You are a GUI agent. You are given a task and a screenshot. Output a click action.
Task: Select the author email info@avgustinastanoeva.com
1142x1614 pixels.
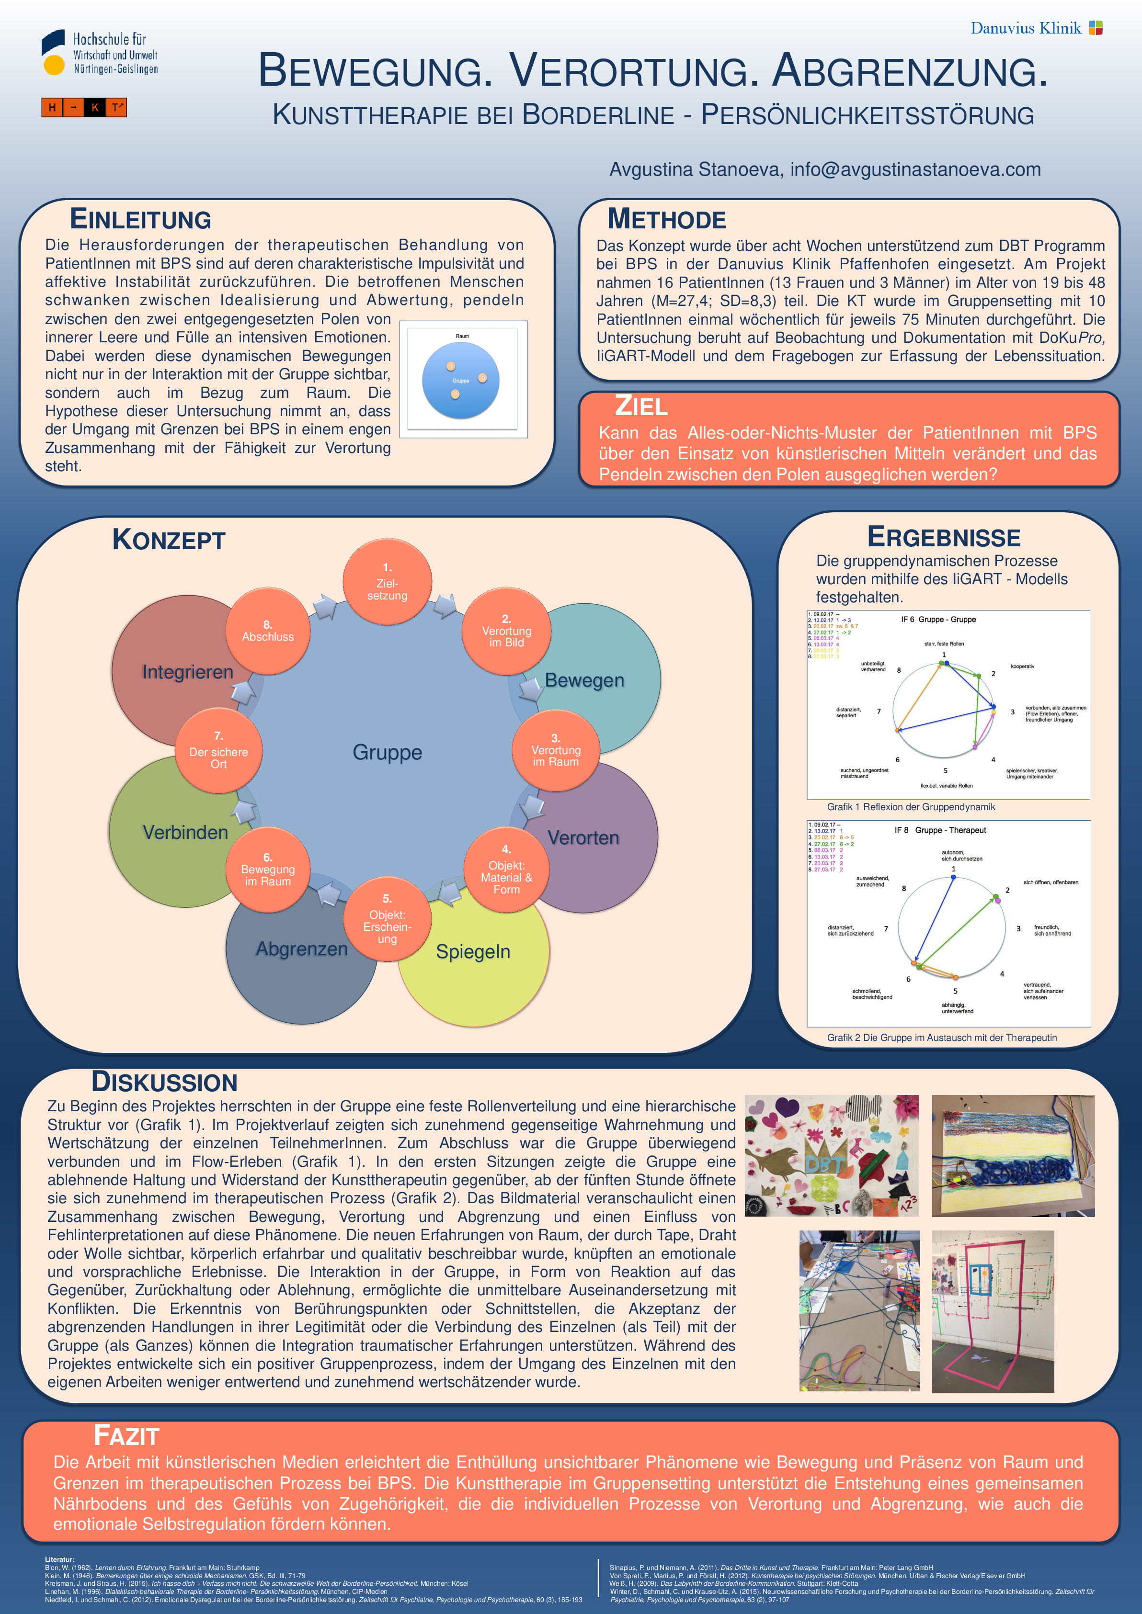pos(915,169)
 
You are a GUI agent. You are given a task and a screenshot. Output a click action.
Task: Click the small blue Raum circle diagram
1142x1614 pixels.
pos(461,380)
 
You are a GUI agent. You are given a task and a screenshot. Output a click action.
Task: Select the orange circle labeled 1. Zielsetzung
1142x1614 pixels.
pos(387,582)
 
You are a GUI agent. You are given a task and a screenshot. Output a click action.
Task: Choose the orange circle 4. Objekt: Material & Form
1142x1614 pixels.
pos(506,870)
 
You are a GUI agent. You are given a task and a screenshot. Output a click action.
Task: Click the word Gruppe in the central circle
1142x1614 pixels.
pos(387,752)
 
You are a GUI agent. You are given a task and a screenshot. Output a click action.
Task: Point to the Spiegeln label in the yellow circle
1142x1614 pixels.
pos(472,952)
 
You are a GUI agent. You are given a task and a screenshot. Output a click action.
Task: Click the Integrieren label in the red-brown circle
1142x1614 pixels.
pos(187,672)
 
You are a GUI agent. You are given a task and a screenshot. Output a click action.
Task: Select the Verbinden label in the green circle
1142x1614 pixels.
pos(185,832)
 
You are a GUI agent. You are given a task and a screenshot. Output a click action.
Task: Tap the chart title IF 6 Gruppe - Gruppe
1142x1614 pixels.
pos(938,619)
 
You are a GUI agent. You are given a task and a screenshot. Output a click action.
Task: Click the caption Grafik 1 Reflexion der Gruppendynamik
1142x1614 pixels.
pos(911,807)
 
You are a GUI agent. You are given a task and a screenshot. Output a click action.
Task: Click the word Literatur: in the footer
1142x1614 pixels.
pos(60,1559)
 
